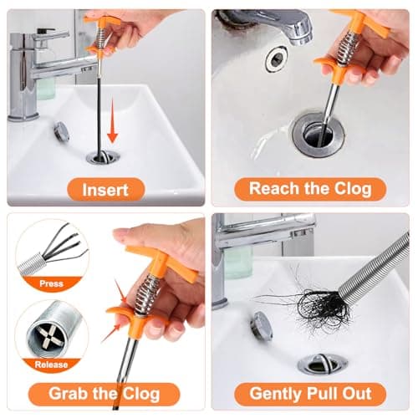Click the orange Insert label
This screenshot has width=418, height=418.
[105, 189]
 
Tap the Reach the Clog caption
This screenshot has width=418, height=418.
[310, 188]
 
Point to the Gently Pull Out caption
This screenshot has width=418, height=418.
[310, 393]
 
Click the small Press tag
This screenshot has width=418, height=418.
[51, 283]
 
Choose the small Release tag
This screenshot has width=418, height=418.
[51, 364]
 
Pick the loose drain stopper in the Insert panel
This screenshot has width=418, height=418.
[60, 130]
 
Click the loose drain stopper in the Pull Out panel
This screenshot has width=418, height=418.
[262, 324]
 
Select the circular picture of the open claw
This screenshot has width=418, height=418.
[50, 251]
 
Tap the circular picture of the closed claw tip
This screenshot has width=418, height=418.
[50, 331]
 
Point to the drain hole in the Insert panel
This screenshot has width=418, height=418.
[101, 157]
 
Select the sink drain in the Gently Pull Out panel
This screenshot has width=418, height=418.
[321, 364]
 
